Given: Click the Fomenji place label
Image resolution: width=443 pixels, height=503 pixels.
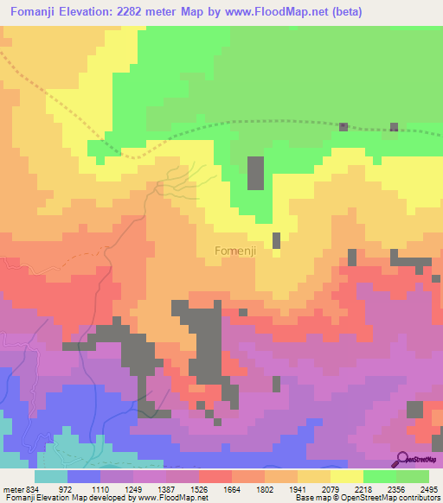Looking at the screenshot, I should [x=234, y=251].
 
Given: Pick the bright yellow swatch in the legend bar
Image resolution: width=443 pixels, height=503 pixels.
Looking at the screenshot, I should [x=347, y=476].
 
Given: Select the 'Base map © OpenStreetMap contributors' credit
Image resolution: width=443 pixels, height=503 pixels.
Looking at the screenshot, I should [x=366, y=498].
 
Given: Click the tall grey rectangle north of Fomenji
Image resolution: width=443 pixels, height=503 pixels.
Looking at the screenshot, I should [x=256, y=173].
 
